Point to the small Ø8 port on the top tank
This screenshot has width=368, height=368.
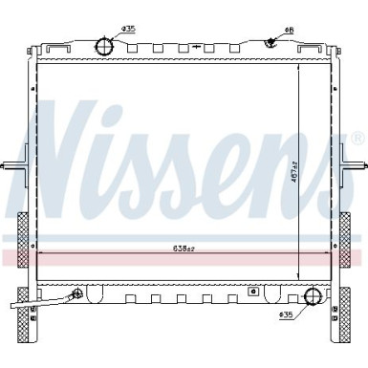pos(271,40)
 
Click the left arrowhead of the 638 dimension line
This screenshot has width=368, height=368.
pos(36,254)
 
